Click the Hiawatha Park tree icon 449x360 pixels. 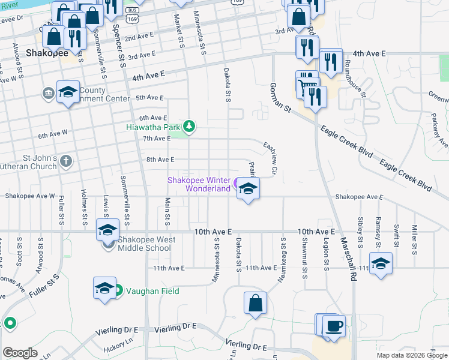tap(190, 125)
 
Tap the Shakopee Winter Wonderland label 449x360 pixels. tap(199, 184)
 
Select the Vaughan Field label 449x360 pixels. tap(152, 291)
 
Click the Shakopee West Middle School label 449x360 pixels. tap(146, 244)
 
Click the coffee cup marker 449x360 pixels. tap(334, 326)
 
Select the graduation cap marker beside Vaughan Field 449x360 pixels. tap(104, 288)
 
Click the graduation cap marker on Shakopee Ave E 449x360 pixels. tap(247, 190)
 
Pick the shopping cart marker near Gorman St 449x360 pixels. tap(306, 83)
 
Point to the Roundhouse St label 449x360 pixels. tap(356, 81)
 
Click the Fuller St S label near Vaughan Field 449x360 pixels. tap(47, 285)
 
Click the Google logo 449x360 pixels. tap(20, 353)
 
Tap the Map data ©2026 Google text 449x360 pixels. tap(412, 355)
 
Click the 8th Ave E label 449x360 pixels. tap(160, 160)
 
